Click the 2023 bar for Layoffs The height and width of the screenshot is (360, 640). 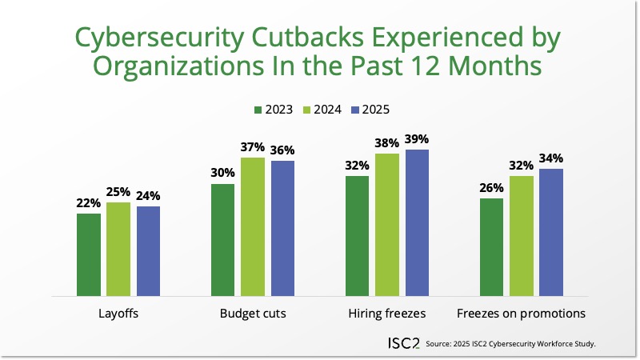89,254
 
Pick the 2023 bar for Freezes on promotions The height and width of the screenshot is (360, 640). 491,247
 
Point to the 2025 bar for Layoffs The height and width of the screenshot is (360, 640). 148,251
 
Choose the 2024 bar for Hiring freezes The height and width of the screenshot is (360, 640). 387,225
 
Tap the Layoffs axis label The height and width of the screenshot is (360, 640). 118,314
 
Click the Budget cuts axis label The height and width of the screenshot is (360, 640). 253,314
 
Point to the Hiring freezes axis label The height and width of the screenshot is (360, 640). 387,314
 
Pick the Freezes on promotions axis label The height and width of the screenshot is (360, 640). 521,314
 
